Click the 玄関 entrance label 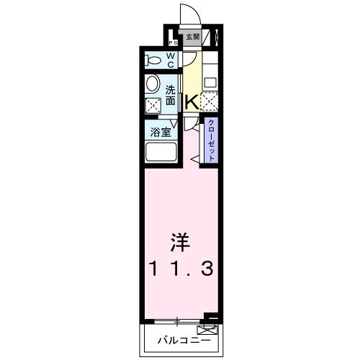coord(192,37)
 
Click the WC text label coord(171,59)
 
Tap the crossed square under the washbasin coord(153,107)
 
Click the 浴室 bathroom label coord(160,132)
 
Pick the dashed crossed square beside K coord(210,102)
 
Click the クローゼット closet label coord(211,139)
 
